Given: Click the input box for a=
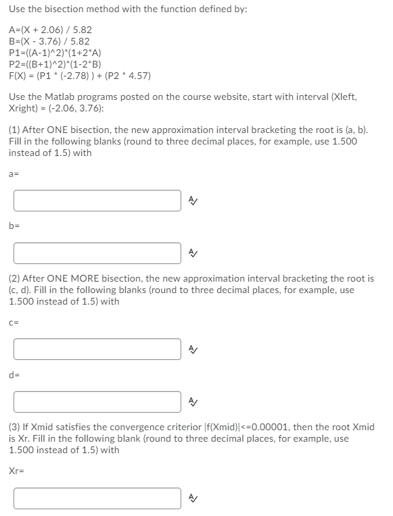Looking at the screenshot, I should tap(97, 200).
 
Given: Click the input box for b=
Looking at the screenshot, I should tap(97, 253).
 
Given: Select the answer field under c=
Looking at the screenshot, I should tap(97, 349).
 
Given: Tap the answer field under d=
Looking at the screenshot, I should tap(97, 402).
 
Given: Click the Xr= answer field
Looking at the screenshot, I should tap(97, 497).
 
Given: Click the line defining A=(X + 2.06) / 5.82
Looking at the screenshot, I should tap(51, 30).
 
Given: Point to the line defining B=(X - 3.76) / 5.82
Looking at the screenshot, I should tap(49, 41).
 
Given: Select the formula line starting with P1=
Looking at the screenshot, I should tap(55, 53).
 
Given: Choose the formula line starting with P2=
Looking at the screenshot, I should tap(55, 64).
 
